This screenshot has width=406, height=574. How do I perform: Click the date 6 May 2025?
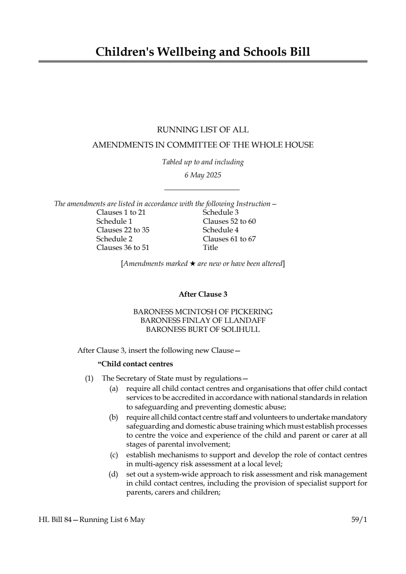202,175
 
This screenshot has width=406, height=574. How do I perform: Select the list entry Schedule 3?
220,212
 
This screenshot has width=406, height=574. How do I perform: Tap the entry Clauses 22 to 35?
123,230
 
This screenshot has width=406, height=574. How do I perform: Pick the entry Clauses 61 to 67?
229,239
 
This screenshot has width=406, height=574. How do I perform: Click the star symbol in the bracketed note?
192,264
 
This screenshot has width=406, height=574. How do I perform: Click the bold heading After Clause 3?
203,295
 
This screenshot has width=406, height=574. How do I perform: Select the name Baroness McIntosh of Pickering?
203,312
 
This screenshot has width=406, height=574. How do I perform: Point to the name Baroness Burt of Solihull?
203,329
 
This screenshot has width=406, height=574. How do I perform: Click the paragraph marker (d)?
113,474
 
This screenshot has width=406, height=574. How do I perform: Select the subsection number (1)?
89,379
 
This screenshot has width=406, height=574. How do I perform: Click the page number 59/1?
359,520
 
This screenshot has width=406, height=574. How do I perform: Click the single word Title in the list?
210,247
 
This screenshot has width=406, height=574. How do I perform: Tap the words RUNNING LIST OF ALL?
203,130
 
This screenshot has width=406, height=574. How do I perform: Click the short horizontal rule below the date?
202,190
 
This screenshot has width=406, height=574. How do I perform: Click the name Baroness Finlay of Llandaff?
203,320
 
